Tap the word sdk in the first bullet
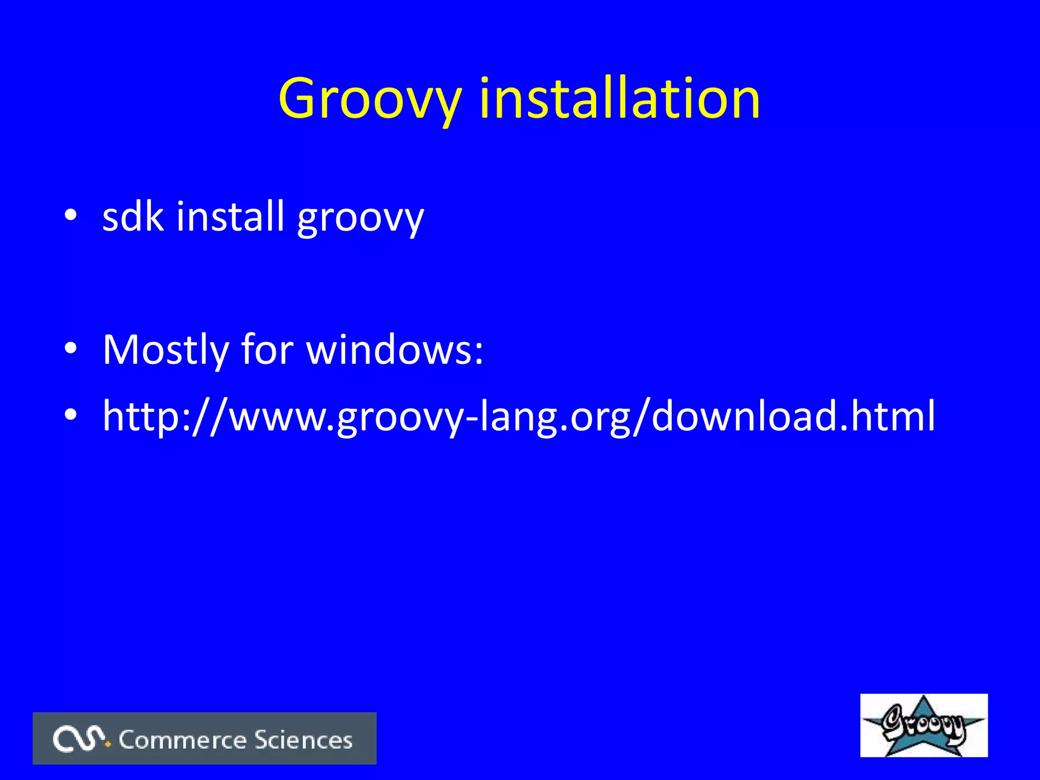click(133, 216)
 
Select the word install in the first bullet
click(230, 216)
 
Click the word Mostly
click(166, 350)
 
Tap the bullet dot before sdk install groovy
click(71, 215)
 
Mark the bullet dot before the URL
click(71, 414)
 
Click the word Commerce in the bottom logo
click(183, 740)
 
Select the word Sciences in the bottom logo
click(303, 740)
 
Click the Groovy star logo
click(923, 725)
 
